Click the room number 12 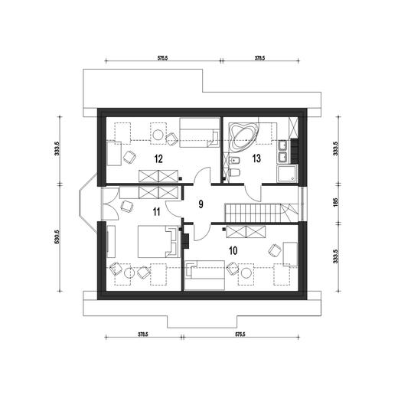coord(158,159)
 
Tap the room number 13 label coord(256,158)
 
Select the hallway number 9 coord(201,204)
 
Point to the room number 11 coord(156,212)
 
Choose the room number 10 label coord(233,250)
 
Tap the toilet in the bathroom coord(235,173)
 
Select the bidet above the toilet coord(234,161)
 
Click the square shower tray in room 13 coord(287,174)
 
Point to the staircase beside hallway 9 coord(261,213)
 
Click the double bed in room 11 coord(158,242)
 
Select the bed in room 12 coord(199,132)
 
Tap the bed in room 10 coord(204,275)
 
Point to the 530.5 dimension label coord(57,237)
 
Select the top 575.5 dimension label coord(162,58)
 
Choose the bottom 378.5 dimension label coord(143,334)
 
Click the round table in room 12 coord(158,135)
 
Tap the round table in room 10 coord(246,273)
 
